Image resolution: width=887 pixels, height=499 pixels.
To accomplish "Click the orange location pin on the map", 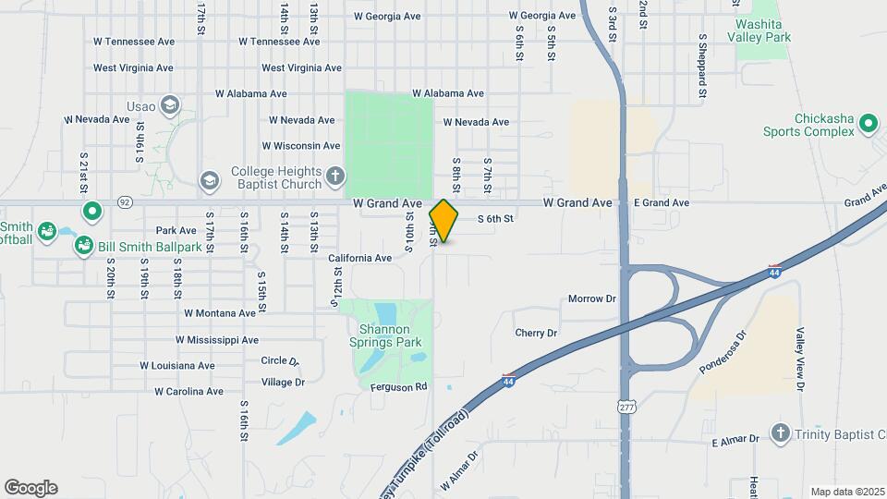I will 444,221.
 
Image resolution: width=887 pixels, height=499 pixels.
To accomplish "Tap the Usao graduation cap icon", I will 169,104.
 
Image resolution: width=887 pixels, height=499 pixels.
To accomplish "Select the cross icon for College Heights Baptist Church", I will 334,176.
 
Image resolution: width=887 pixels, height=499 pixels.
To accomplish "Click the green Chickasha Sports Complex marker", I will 868,123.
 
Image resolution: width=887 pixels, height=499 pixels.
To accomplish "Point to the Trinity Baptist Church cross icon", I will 781,434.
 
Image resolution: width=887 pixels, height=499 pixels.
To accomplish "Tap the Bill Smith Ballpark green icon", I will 84,247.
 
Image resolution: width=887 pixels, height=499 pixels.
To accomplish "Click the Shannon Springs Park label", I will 389,335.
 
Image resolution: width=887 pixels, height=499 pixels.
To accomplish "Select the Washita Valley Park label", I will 759,30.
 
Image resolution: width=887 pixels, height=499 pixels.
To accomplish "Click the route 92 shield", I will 125,201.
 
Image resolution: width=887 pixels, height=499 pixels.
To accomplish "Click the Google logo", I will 30,487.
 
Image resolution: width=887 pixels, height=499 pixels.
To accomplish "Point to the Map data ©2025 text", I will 846,492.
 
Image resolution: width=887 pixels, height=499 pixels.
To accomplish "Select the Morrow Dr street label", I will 591,299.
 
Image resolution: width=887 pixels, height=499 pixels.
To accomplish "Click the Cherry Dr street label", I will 536,333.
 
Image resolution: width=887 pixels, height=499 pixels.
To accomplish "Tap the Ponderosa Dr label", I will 722,352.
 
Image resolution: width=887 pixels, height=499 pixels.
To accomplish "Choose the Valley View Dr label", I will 801,359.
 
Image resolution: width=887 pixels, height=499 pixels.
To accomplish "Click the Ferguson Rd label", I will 399,387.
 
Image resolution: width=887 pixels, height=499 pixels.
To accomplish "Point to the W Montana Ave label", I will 220,313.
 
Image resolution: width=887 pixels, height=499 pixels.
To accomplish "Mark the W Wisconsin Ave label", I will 301,146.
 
